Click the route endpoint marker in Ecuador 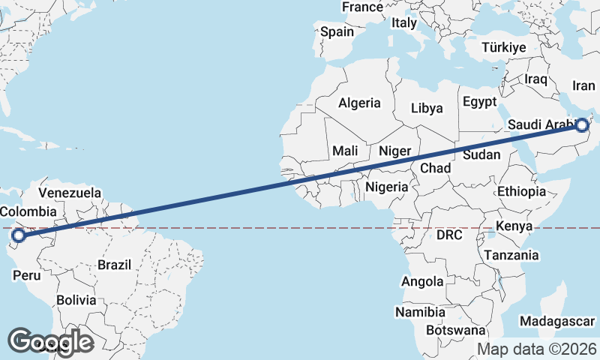pos(18,236)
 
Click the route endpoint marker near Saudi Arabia pos(583,125)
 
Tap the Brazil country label pos(114,265)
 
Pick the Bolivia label pos(76,300)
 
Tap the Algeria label pos(360,103)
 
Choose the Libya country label pos(427,108)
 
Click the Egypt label pos(480,101)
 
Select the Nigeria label pos(387,187)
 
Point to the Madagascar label pos(557,321)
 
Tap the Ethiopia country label pos(521,192)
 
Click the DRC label pos(450,235)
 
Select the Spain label pos(337,32)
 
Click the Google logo pos(51,341)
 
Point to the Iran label pos(583,85)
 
